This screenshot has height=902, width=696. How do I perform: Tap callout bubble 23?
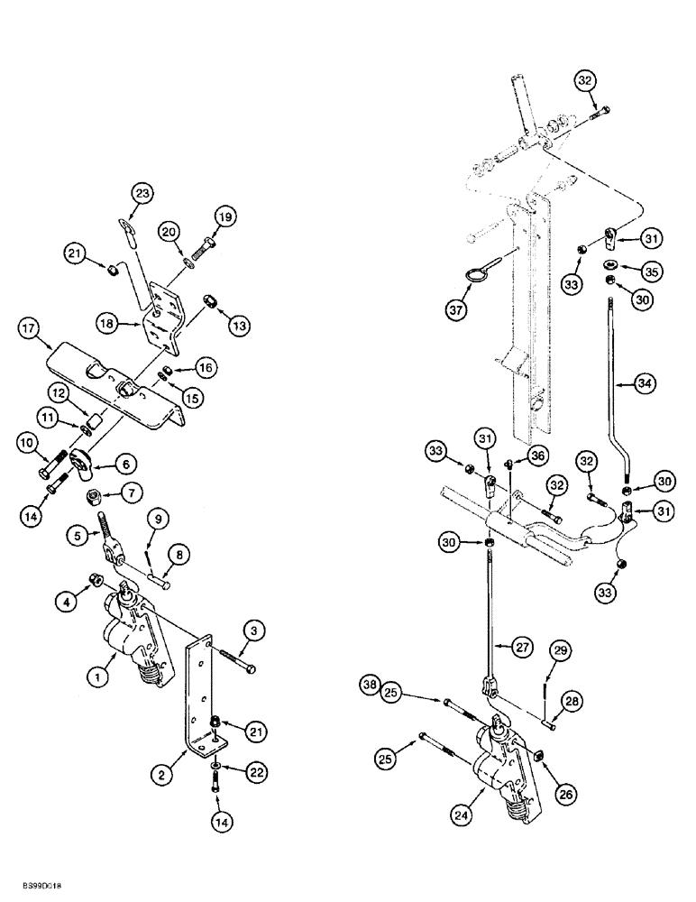pos(142,193)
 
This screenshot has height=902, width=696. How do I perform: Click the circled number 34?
pos(644,384)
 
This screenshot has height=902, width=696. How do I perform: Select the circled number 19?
pos(224,217)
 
